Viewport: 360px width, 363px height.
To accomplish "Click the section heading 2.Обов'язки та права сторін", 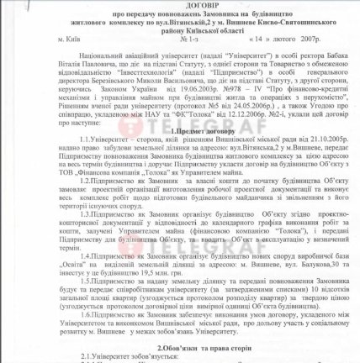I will coord(179,344).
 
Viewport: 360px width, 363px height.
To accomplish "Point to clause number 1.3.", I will coord(66,213).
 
